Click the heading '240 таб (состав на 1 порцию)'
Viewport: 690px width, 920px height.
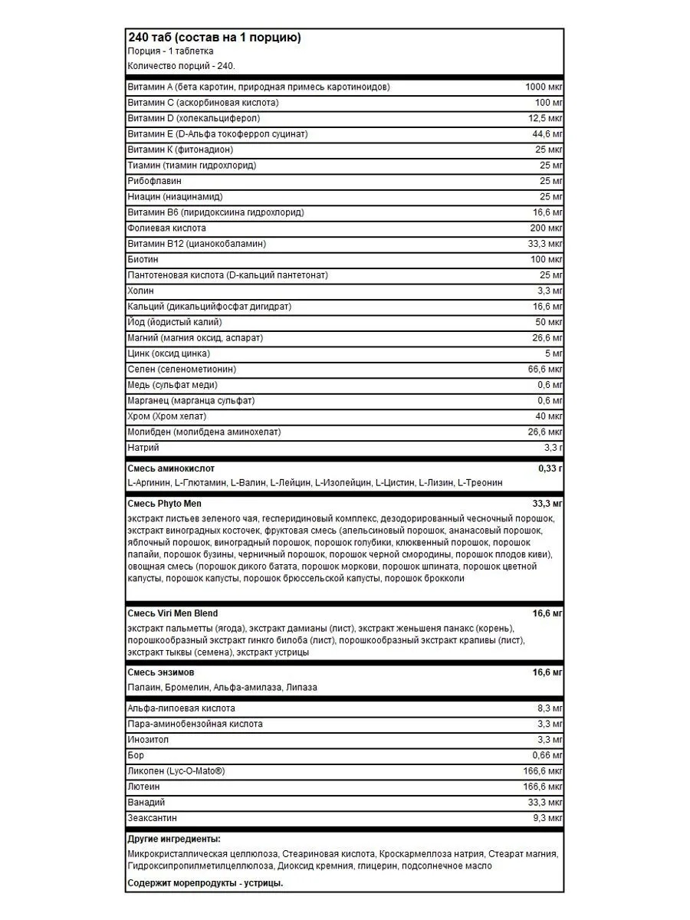click(x=214, y=38)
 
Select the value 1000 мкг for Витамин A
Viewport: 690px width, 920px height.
click(x=544, y=87)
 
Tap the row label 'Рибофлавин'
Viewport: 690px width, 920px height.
click(x=154, y=181)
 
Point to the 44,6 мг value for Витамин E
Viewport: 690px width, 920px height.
click(x=547, y=134)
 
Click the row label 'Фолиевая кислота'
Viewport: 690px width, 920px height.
click(x=166, y=228)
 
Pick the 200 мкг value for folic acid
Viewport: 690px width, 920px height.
click(x=546, y=228)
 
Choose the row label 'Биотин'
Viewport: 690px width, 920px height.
click(x=143, y=260)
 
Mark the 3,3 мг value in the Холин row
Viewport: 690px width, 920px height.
click(x=550, y=291)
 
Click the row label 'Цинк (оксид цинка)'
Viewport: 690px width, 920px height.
click(x=169, y=354)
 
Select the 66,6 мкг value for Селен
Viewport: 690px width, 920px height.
click(x=546, y=370)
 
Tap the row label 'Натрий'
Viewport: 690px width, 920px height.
click(x=143, y=449)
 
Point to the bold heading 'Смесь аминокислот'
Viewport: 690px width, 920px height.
click(x=171, y=468)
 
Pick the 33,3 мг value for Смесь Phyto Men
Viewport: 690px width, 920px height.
click(x=547, y=503)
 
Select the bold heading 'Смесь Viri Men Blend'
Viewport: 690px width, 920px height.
click(x=172, y=613)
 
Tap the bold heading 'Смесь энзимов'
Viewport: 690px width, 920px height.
click(x=160, y=672)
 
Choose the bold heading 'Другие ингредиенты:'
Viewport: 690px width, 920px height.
click(x=173, y=839)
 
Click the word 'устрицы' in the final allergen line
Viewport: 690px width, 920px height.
click(x=266, y=883)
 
